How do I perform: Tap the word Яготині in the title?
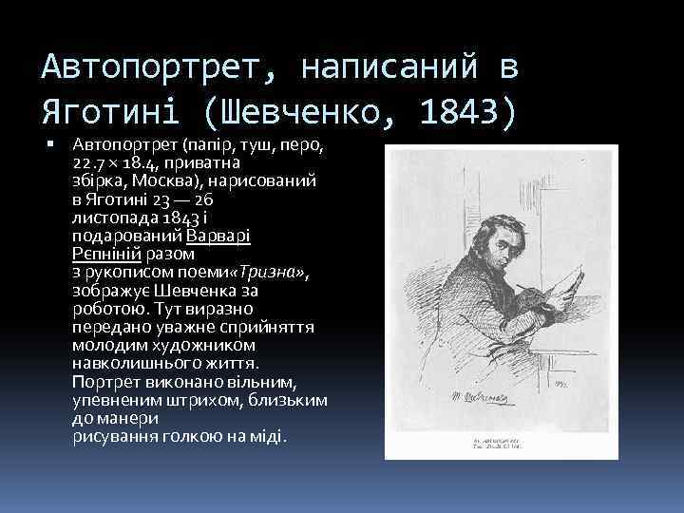114,111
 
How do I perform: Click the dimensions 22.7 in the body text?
90,163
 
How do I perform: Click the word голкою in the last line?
194,436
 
